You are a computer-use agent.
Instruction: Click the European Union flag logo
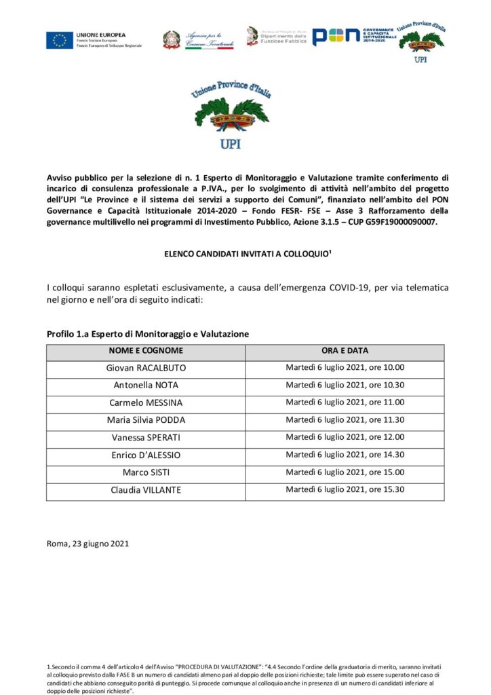60,40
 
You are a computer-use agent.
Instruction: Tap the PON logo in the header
335,37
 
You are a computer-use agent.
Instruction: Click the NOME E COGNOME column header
146,351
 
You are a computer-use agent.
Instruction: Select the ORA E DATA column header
345,351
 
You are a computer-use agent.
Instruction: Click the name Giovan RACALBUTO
146,368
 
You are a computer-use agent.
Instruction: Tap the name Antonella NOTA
146,386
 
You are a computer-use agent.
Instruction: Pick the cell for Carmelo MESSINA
146,402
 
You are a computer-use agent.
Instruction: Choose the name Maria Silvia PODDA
146,420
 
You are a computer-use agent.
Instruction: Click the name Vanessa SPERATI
146,437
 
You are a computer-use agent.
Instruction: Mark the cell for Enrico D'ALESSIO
146,455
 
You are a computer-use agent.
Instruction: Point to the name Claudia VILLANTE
146,489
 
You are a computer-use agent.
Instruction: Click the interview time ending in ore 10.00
345,368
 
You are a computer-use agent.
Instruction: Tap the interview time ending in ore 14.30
345,455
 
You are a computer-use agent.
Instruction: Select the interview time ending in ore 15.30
345,489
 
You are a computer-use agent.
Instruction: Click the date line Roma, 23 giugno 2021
87,544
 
